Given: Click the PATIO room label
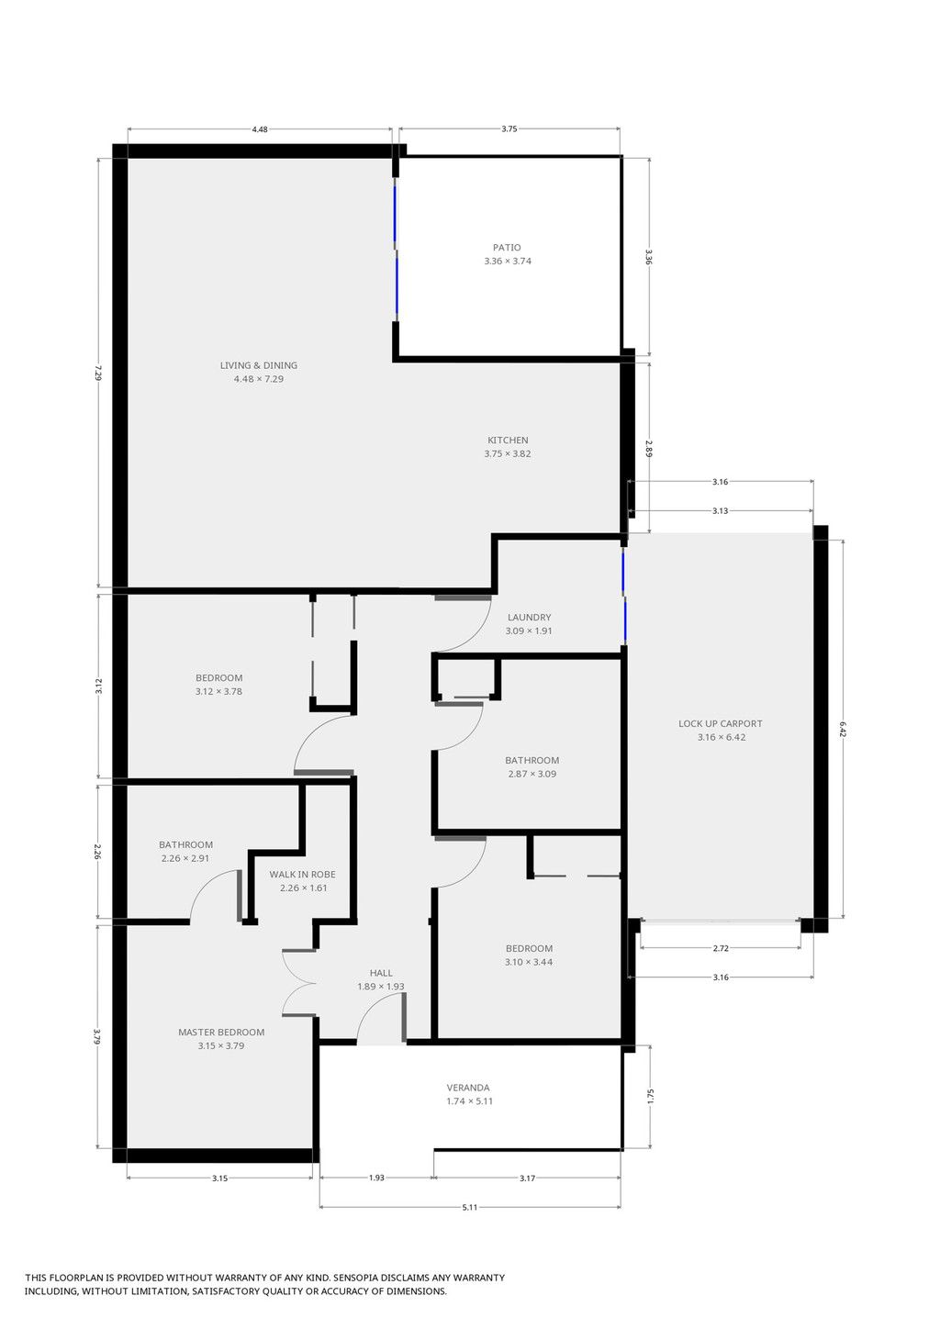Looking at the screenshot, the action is click(x=507, y=248).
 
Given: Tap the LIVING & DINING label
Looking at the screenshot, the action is click(x=259, y=365).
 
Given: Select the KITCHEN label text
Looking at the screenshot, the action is click(x=508, y=441).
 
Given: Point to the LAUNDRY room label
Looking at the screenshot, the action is click(x=529, y=617).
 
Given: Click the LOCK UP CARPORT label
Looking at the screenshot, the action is click(x=721, y=723).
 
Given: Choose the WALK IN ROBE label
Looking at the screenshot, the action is click(x=302, y=874).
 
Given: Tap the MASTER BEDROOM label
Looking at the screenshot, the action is click(x=221, y=1032).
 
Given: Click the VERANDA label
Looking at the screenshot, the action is click(x=468, y=1088).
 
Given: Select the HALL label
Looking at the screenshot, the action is click(x=381, y=972).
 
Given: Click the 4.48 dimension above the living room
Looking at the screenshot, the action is click(x=260, y=129).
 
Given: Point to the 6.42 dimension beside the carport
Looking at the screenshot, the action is click(x=843, y=729).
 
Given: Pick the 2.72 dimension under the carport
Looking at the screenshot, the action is click(x=721, y=948).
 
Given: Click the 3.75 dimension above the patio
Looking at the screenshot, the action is click(x=509, y=128).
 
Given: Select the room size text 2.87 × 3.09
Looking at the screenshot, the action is click(x=532, y=774).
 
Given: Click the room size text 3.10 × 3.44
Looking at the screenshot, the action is click(x=529, y=962).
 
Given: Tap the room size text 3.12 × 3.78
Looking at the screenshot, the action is click(x=219, y=691).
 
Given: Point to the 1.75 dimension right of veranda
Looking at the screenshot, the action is click(x=650, y=1096).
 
